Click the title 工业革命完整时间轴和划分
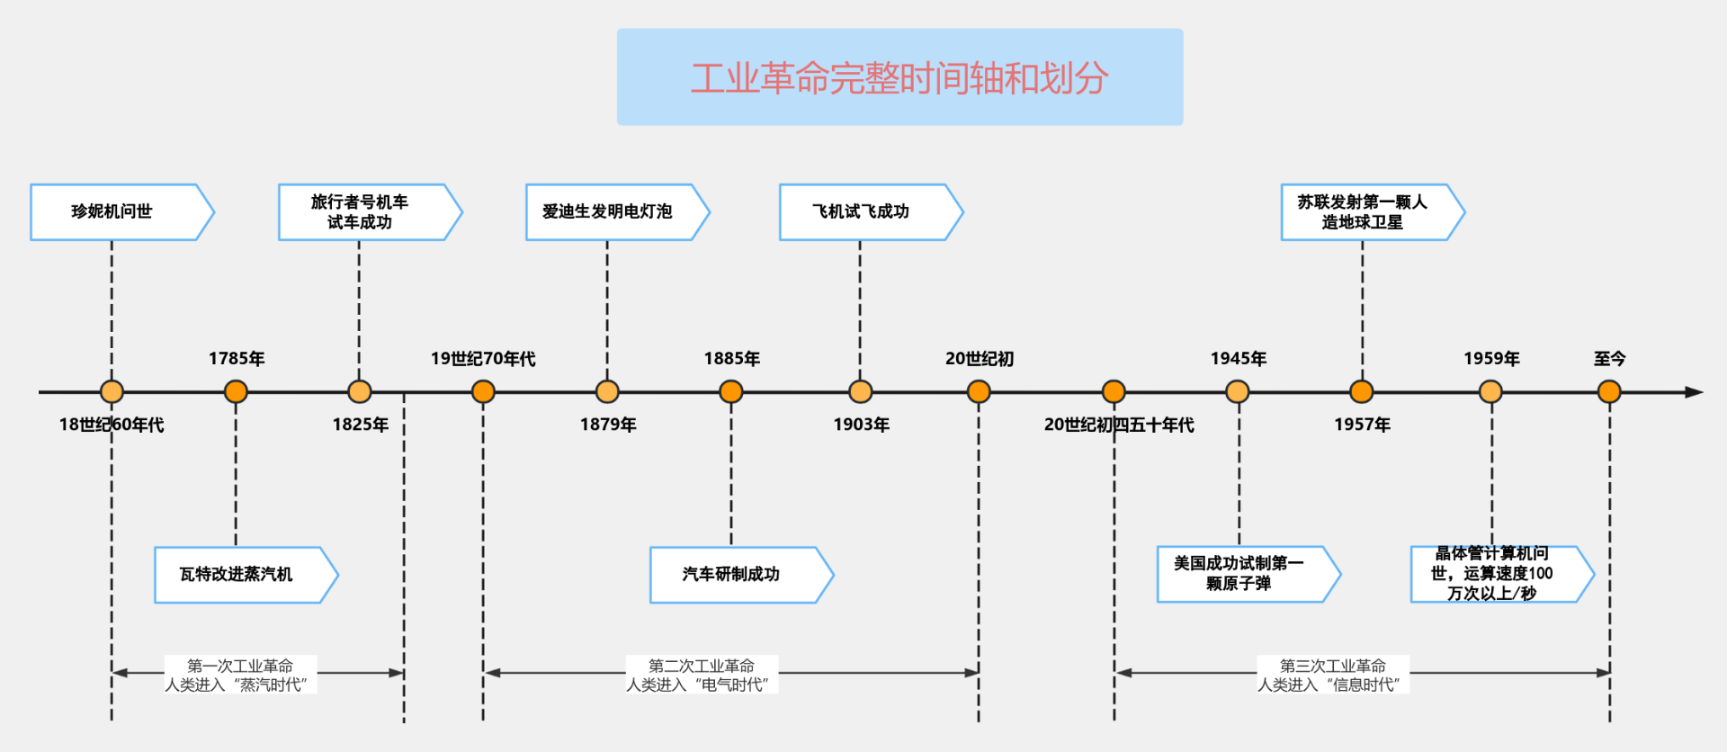(x=899, y=78)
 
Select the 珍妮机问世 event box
(x=113, y=212)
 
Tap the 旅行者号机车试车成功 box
(x=361, y=212)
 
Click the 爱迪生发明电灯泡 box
(x=608, y=212)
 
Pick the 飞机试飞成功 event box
(x=862, y=212)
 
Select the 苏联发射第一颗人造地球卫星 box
(x=1363, y=212)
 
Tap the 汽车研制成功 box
(x=732, y=575)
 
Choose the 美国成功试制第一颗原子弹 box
(x=1239, y=574)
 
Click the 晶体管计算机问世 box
(x=1492, y=574)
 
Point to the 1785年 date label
(x=237, y=359)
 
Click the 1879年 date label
(x=608, y=425)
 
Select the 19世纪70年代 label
(x=483, y=359)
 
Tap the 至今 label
(x=1609, y=359)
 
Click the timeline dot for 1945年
(x=1238, y=392)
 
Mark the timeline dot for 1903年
(x=861, y=392)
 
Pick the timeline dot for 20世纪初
(x=979, y=392)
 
